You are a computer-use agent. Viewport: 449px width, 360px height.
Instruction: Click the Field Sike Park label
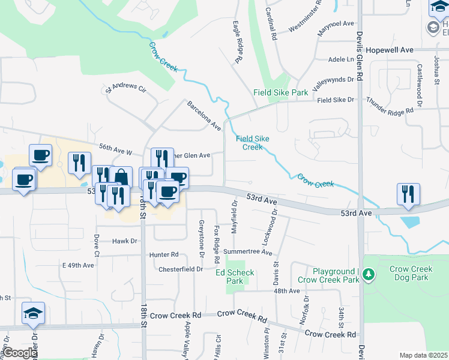coord(280,92)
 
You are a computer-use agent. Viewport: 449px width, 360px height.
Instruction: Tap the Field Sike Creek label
coord(252,143)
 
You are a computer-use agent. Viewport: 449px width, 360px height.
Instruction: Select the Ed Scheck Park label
coord(235,277)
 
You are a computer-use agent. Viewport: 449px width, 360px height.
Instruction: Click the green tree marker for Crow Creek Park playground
coord(368,275)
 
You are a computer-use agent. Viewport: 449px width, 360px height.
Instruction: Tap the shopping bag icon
coord(121,177)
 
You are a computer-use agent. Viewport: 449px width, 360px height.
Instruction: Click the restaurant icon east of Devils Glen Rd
coord(408,194)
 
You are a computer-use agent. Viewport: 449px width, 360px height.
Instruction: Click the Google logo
coord(19,353)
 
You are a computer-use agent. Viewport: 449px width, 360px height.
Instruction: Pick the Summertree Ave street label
coord(247,251)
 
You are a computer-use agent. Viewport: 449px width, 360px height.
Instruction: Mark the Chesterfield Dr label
coord(181,269)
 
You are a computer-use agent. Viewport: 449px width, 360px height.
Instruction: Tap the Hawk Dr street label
coord(125,241)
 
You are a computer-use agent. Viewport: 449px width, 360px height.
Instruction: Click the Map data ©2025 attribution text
coord(423,355)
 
